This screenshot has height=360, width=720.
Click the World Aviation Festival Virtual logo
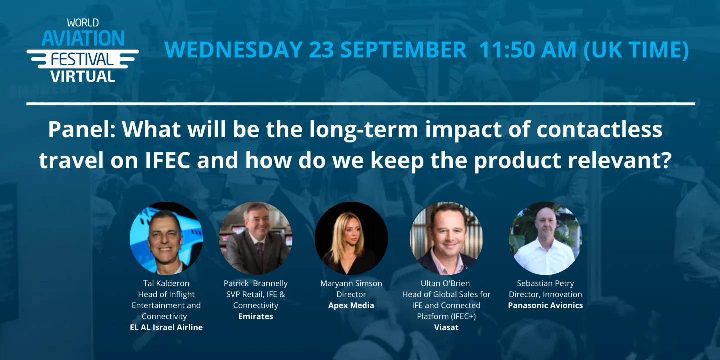tap(83, 50)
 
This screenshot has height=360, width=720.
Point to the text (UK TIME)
tap(636, 50)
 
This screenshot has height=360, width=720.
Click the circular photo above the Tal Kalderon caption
tap(166, 238)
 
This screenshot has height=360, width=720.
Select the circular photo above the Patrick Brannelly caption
tap(255, 238)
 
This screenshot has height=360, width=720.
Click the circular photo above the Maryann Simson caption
tap(351, 238)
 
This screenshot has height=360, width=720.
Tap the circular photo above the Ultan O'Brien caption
tap(446, 238)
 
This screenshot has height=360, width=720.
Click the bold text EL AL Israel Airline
tap(166, 328)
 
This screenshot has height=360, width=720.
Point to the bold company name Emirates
tap(255, 317)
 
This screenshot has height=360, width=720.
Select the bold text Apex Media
tap(351, 306)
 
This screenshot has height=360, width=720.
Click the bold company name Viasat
tap(446, 328)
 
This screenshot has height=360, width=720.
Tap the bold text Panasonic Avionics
tap(545, 306)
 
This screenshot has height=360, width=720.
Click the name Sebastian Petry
tap(545, 283)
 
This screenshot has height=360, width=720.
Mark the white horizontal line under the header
tap(360, 104)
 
